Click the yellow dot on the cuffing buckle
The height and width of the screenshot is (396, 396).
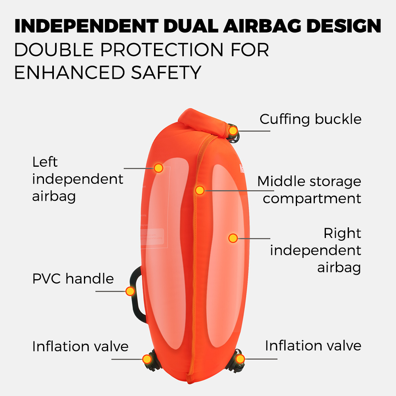[x=233, y=131]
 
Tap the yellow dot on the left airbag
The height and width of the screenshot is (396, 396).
[x=158, y=168]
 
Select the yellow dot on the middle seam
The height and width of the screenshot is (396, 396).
[x=200, y=190]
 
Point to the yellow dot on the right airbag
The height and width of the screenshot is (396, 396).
[x=233, y=238]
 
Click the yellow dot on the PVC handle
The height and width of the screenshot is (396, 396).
[x=130, y=291]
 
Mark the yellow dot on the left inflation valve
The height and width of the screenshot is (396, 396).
[x=147, y=359]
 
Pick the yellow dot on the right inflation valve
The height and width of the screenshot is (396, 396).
[x=240, y=359]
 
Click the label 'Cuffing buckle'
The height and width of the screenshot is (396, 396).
[x=310, y=119]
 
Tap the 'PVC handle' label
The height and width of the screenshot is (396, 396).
[x=73, y=278]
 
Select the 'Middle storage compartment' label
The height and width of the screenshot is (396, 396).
[x=309, y=190]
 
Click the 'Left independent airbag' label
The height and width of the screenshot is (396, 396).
[x=78, y=179]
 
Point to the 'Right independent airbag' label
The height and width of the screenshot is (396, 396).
[x=316, y=250]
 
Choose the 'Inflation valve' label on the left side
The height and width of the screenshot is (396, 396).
[x=80, y=346]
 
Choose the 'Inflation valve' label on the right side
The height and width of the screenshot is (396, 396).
[x=313, y=345]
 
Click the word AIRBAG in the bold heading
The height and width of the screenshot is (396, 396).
[x=262, y=26]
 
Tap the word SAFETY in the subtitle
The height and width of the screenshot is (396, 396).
[x=166, y=72]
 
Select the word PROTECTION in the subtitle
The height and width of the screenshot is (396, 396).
[x=162, y=49]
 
